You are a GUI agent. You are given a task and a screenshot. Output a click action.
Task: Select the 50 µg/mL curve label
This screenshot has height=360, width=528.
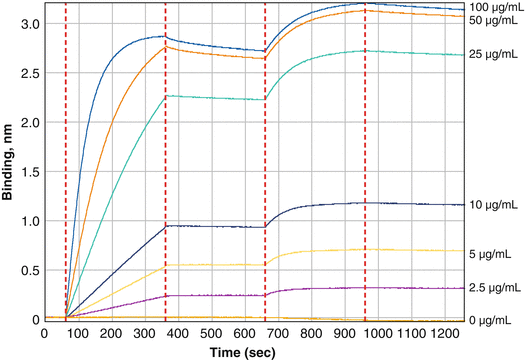(494, 20)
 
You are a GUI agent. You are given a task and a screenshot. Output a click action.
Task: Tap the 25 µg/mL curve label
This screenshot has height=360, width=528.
(494, 55)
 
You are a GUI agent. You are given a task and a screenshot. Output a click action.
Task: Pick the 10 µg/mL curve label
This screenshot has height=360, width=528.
(494, 205)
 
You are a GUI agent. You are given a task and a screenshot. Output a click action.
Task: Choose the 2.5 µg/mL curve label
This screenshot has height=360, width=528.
(494, 288)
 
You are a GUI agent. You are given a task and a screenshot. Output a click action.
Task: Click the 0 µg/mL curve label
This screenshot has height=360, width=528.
(494, 321)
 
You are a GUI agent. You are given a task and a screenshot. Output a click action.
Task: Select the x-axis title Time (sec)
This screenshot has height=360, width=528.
(249, 352)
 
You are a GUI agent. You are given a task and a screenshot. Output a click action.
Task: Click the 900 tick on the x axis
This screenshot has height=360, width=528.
(344, 335)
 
